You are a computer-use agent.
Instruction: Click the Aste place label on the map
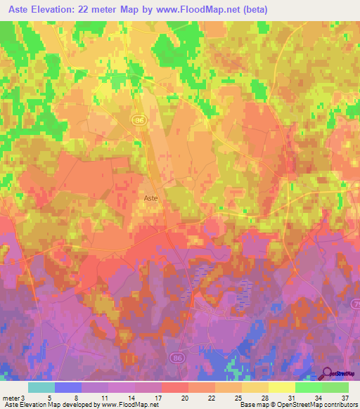coord(150,199)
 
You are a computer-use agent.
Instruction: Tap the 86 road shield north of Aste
coord(139,121)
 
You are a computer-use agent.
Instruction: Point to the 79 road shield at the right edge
coord(355,303)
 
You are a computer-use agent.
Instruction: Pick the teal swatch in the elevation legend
coord(41,387)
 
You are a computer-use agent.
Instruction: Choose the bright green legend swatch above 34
coord(308,387)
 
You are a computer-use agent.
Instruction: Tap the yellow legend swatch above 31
coord(281,387)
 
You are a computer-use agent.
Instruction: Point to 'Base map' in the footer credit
coord(254,405)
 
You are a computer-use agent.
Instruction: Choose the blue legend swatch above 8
coord(68,387)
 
